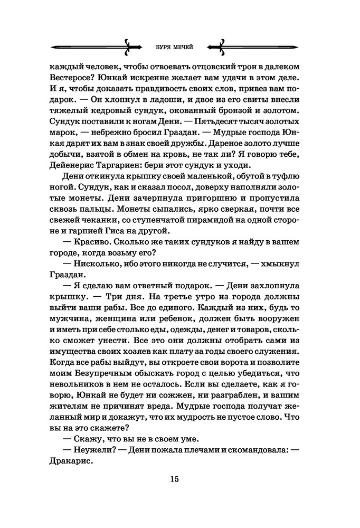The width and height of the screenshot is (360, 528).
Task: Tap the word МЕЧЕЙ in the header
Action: click(x=184, y=46)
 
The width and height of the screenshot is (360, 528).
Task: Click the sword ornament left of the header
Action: click(x=96, y=46)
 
